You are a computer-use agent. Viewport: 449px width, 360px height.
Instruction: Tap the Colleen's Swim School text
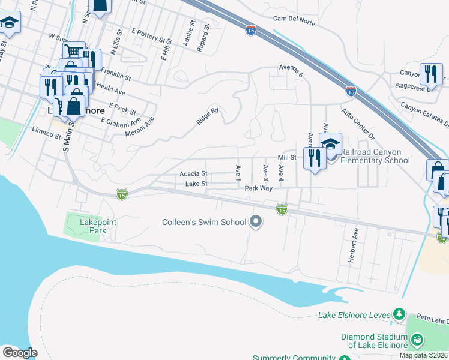[204, 222]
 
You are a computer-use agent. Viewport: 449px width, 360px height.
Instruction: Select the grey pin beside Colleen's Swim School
[256, 222]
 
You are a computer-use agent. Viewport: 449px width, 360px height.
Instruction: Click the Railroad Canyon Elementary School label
[375, 156]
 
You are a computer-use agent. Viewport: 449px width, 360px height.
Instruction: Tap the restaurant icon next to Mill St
[314, 159]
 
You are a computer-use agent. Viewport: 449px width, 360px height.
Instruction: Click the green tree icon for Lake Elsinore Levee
[399, 314]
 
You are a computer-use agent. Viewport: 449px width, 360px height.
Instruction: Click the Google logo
[20, 353]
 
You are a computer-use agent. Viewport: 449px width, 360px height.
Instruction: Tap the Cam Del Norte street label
[294, 19]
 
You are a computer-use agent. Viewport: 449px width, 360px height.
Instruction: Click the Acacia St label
[193, 174]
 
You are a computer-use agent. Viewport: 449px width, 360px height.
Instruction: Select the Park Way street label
[259, 188]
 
